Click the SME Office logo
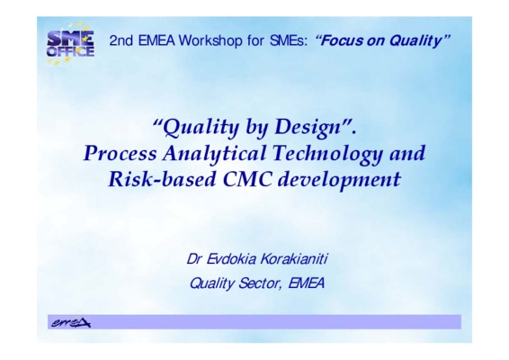click(x=70, y=44)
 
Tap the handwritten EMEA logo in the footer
click(x=71, y=322)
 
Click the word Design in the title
click(x=307, y=127)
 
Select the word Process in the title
click(x=120, y=153)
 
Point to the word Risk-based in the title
click(x=162, y=179)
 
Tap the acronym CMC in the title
click(x=247, y=179)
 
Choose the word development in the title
click(x=339, y=180)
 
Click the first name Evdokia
click(x=231, y=259)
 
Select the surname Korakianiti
click(x=294, y=259)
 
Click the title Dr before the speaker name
click(x=194, y=259)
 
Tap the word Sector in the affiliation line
click(x=259, y=283)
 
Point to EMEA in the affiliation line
click(x=306, y=283)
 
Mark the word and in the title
click(x=407, y=154)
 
